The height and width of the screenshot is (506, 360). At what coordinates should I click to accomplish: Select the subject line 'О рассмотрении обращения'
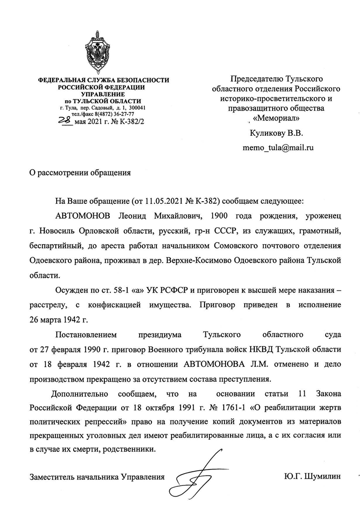(x=80, y=173)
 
